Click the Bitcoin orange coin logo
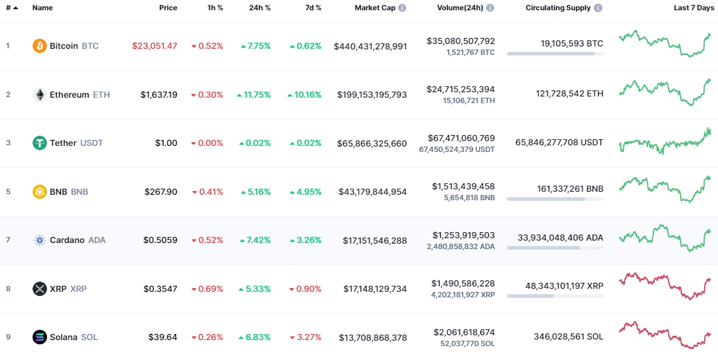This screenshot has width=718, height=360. (40, 46)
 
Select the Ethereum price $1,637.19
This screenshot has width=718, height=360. (159, 95)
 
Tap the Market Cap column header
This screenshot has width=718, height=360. (375, 8)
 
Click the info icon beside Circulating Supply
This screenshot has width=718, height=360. (597, 8)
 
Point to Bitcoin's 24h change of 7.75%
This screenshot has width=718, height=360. (255, 46)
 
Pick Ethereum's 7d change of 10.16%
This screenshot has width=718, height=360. (304, 95)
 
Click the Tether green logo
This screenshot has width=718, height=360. (40, 143)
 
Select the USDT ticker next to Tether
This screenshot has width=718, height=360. (92, 143)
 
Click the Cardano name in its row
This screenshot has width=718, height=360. (67, 240)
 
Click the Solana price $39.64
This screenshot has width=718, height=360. (163, 337)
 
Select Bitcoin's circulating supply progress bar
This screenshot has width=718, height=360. (555, 54)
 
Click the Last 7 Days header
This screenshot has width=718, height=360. (693, 8)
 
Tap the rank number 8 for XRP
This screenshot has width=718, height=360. (8, 289)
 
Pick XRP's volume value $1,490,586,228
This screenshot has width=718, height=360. (463, 283)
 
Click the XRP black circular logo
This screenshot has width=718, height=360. (40, 289)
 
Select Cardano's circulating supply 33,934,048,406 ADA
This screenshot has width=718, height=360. (560, 238)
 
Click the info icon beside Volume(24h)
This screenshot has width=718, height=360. (490, 8)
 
